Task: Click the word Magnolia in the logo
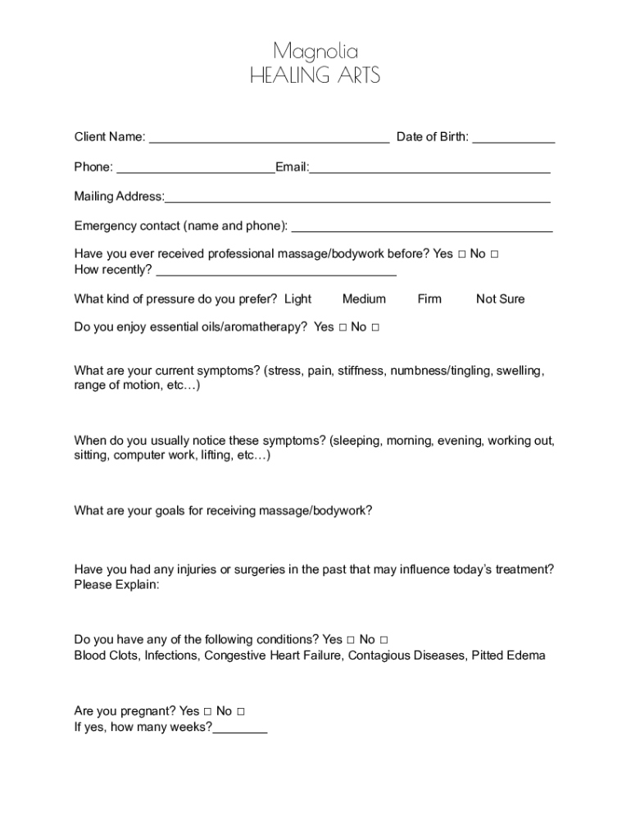point(315,52)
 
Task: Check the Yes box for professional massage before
point(462,254)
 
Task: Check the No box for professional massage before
point(494,254)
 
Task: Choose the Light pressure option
point(297,299)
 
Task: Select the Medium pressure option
point(364,299)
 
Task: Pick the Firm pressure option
point(429,299)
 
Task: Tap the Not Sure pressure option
point(500,299)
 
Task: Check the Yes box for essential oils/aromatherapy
point(343,327)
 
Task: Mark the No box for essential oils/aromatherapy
point(375,327)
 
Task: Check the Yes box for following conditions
point(351,640)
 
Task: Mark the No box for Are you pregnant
point(240,711)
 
